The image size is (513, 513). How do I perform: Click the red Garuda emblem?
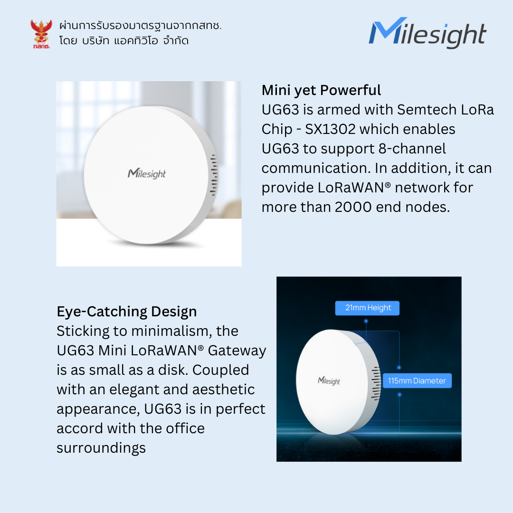click(x=41, y=33)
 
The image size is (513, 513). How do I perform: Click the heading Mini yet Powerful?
click(x=321, y=90)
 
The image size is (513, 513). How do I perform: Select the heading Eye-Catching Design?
click(x=126, y=312)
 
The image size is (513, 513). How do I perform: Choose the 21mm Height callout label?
click(x=367, y=308)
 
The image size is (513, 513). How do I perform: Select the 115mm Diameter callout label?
click(x=417, y=380)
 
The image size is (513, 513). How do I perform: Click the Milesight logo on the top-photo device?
click(x=147, y=173)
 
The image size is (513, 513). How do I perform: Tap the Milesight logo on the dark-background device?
click(x=329, y=381)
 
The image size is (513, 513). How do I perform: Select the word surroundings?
click(x=101, y=448)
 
